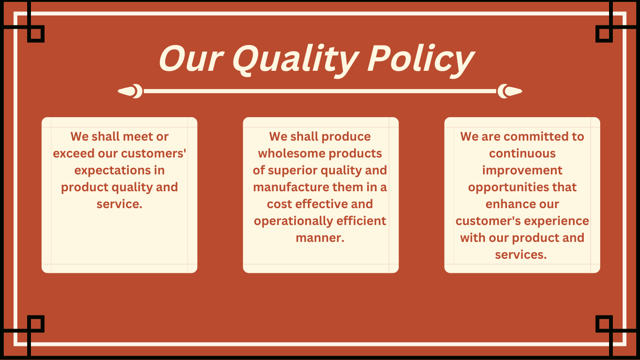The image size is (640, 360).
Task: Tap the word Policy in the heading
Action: point(420,60)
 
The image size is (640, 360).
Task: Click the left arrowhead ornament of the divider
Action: point(130,91)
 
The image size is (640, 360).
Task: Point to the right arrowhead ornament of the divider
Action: point(510,91)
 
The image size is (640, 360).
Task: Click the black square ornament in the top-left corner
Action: point(36,34)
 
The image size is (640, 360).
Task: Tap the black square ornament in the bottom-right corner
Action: point(604,324)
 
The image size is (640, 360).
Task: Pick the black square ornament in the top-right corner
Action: point(604,34)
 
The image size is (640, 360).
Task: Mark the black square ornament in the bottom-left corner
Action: point(36,324)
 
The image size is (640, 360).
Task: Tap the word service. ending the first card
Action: point(119,204)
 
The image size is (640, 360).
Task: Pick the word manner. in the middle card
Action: point(320,238)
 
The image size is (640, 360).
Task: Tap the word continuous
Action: point(522,154)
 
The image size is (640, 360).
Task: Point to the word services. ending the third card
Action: point(521,255)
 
